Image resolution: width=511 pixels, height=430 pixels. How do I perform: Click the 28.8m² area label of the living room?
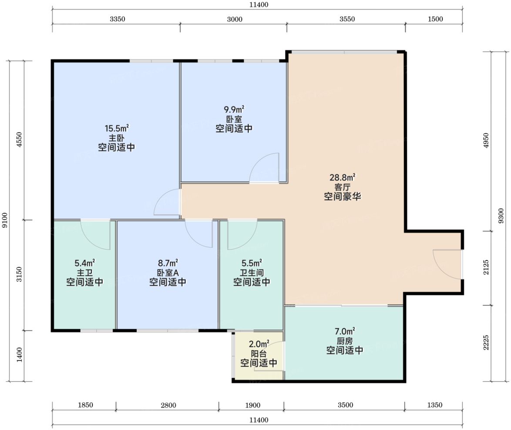pos(343,177)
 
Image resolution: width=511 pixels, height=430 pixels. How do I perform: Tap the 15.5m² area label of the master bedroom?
pos(117,128)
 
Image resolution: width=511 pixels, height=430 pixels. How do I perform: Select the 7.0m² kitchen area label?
pos(345,331)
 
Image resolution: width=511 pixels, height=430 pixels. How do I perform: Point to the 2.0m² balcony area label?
pos(259,344)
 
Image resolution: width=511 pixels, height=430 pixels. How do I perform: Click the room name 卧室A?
pos(168,273)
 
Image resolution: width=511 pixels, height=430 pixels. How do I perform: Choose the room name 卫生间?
pos(252,273)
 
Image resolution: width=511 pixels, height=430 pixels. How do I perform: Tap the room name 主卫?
pos(85,273)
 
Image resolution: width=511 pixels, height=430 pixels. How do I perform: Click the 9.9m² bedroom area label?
pos(234,109)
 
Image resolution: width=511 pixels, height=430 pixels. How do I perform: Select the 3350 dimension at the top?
pos(118,19)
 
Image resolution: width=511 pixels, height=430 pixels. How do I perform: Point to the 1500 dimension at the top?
pos(435,19)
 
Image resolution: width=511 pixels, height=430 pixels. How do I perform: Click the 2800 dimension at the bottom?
pos(168,405)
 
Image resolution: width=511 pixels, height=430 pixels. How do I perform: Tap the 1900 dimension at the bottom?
pos(252,405)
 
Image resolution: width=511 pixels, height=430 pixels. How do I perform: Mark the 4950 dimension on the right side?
pos(486,140)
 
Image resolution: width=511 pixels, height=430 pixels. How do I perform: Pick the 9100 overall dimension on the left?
pos(4,220)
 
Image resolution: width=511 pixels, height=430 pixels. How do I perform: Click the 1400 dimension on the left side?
pos(19,354)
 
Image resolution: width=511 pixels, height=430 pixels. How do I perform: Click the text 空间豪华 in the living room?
pos(343,197)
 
